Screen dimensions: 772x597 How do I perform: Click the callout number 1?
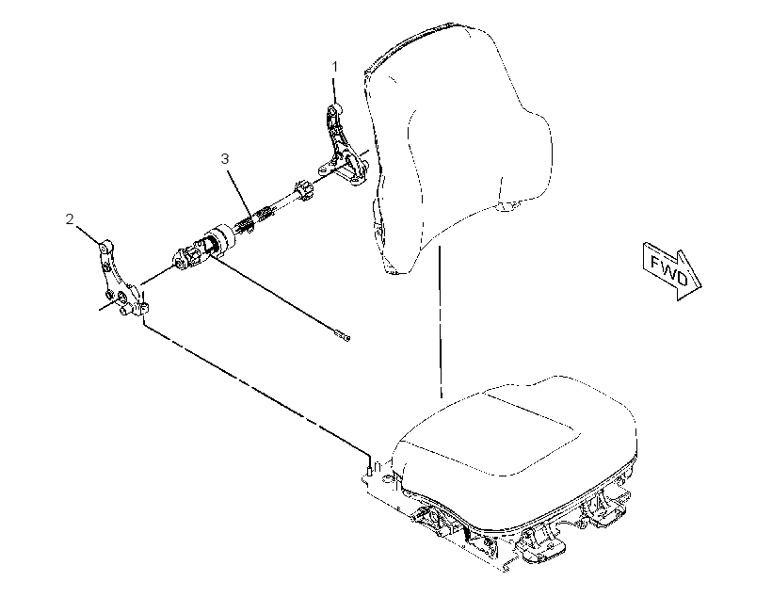[335, 67]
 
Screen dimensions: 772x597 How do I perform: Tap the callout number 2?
[70, 219]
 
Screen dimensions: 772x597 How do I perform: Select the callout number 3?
[224, 158]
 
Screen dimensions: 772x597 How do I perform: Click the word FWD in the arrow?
[668, 270]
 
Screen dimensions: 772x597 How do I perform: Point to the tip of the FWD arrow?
[701, 285]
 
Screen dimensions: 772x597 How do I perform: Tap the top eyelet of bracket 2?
[105, 246]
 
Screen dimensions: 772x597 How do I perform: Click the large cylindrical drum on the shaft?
[220, 240]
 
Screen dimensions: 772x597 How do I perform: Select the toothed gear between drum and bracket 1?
[304, 191]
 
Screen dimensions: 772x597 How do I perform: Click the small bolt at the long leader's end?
[342, 335]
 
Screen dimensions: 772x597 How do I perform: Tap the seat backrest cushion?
[458, 143]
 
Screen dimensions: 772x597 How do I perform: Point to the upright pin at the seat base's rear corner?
[369, 465]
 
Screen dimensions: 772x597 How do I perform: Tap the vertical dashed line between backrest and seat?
[440, 321]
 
